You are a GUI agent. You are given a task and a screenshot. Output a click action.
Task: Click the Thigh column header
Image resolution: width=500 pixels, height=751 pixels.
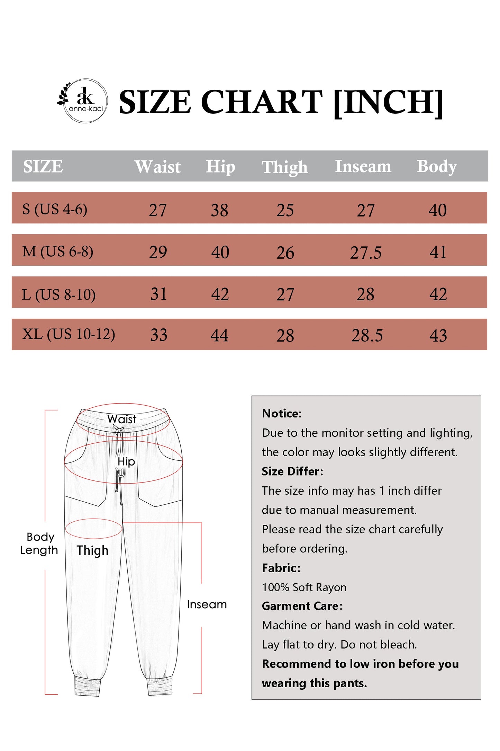pos(284,167)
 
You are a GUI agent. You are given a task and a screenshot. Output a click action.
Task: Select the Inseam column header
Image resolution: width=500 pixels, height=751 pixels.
pos(363,166)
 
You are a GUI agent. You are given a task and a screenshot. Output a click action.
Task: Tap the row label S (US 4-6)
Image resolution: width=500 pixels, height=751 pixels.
pos(55,209)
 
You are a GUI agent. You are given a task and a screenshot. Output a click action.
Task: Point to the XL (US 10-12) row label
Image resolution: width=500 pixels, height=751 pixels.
pos(69,334)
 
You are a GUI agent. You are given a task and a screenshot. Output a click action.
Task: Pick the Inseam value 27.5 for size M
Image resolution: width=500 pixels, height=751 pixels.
pos(366,253)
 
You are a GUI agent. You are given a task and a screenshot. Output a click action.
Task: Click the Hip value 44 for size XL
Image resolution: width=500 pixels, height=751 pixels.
pos(219,335)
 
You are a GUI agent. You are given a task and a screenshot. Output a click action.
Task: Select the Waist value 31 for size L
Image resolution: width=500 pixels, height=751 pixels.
pos(158,294)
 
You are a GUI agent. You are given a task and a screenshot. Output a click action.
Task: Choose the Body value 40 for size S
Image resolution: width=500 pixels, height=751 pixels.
pos(437,210)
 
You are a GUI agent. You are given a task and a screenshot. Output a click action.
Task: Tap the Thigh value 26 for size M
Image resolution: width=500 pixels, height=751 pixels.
pos(285,253)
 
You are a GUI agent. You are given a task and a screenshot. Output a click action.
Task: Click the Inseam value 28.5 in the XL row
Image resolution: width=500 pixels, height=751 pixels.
pos(367,335)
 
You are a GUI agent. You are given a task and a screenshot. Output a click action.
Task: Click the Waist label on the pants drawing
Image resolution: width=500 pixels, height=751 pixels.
pos(122,419)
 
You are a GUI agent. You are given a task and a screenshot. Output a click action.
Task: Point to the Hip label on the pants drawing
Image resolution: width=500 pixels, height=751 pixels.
pos(126,461)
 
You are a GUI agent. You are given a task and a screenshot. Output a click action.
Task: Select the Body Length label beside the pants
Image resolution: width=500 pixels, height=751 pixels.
pos(39,543)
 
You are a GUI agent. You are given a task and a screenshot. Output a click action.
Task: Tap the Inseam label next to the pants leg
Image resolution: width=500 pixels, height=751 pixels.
pos(207,604)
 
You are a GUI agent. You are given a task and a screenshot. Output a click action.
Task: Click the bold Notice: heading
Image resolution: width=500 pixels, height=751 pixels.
pos(282,413)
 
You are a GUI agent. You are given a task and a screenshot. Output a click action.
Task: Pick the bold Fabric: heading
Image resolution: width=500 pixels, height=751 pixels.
pos(281,568)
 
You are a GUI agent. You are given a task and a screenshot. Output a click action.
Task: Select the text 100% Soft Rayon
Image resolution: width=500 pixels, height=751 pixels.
pos(304,587)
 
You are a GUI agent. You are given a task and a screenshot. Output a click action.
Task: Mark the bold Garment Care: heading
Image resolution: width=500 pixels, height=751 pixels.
pos(302,606)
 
